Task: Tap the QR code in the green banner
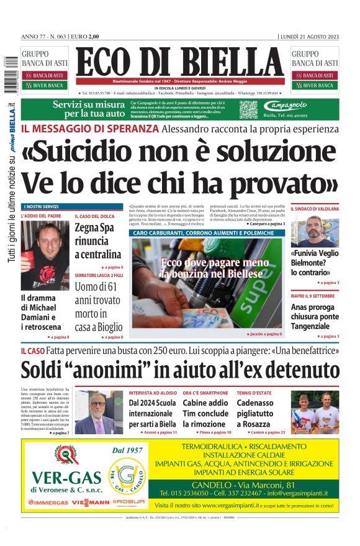248,109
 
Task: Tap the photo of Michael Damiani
45,255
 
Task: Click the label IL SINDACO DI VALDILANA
314,209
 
